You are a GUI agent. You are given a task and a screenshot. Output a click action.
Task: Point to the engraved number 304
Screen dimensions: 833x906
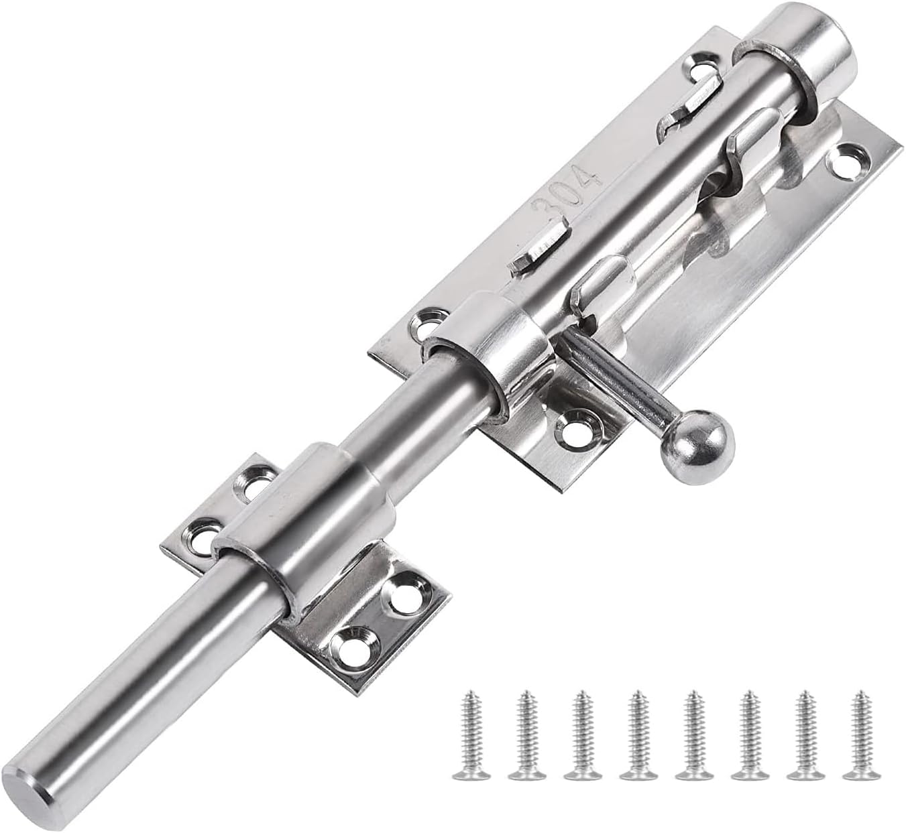click(566, 194)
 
